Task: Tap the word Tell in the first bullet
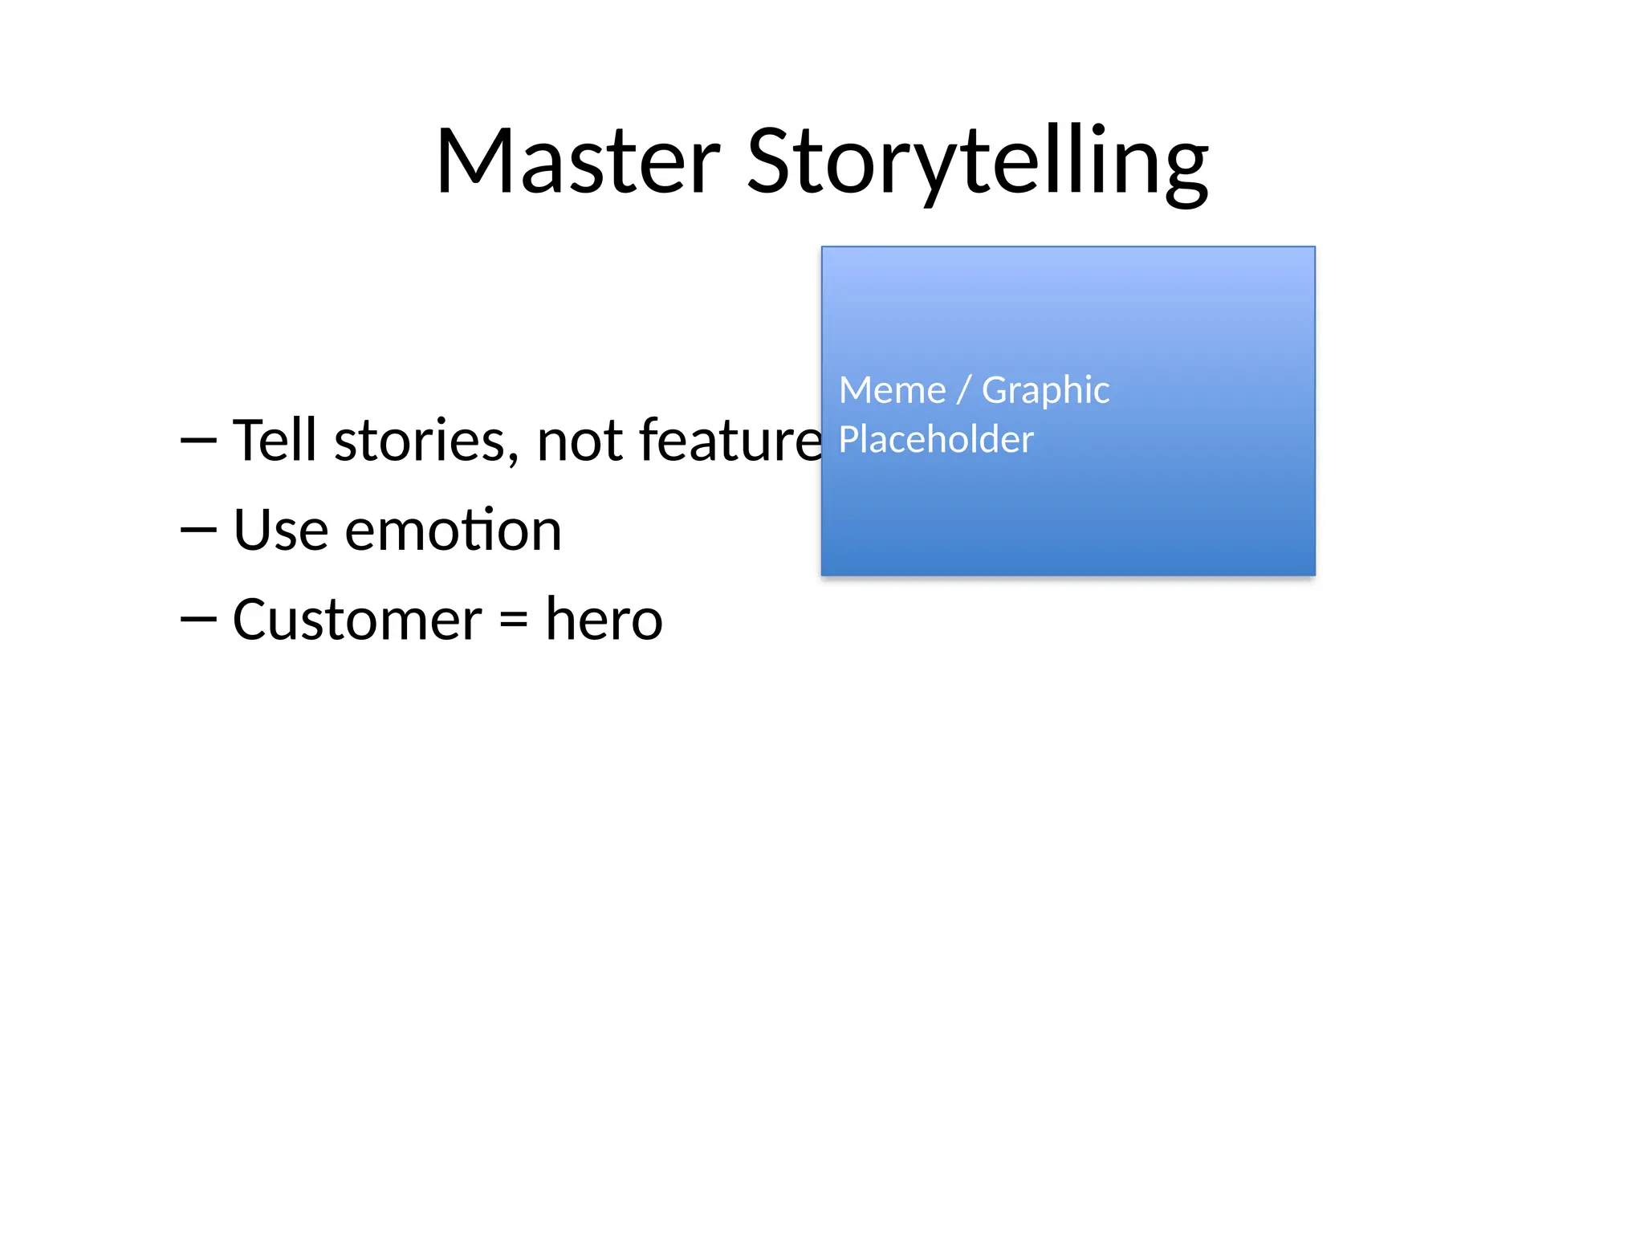[275, 441]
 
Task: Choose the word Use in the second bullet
[281, 531]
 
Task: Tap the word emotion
[453, 531]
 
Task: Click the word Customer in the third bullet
[357, 620]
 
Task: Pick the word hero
[604, 620]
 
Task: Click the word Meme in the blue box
[892, 391]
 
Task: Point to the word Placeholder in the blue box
[936, 440]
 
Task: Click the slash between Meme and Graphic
[964, 391]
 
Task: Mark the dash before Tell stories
[198, 441]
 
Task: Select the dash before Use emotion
[198, 530]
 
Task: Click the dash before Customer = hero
[198, 619]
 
